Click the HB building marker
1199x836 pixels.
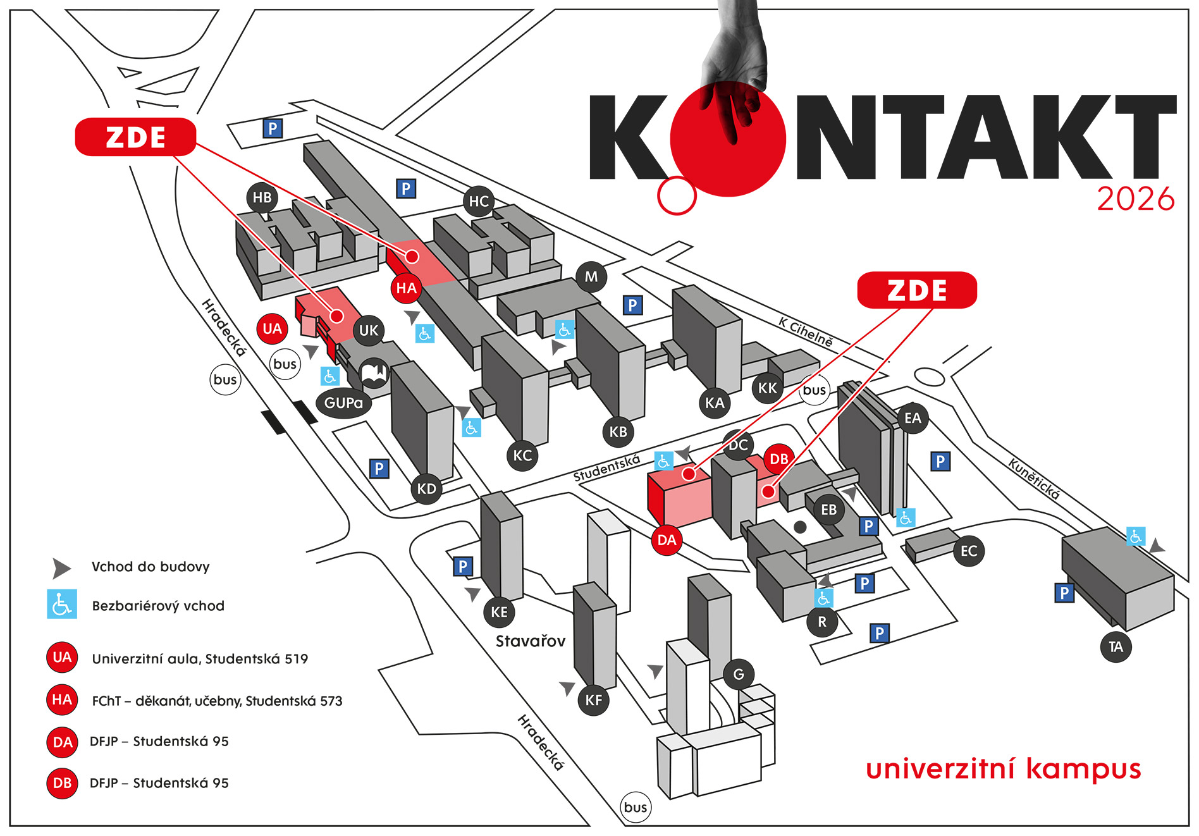point(262,198)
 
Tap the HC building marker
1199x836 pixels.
point(479,202)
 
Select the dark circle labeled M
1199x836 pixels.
point(591,277)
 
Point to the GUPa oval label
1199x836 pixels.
point(343,403)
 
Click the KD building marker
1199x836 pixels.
point(426,489)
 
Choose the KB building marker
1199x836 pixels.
point(618,432)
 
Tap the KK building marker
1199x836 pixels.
point(767,388)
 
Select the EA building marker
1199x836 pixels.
point(913,418)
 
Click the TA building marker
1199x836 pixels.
point(1116,647)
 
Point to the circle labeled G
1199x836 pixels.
point(739,675)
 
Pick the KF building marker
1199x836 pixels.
point(593,700)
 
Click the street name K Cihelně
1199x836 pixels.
point(806,332)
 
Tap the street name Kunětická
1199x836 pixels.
point(1034,479)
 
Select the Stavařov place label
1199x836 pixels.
point(530,641)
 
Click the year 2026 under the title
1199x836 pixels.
point(1136,199)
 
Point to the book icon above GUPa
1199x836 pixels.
point(374,373)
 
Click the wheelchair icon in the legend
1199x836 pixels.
point(62,605)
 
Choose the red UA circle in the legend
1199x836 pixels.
point(62,658)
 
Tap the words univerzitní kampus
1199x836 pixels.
point(1003,769)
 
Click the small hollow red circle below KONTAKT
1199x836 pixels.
point(677,195)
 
